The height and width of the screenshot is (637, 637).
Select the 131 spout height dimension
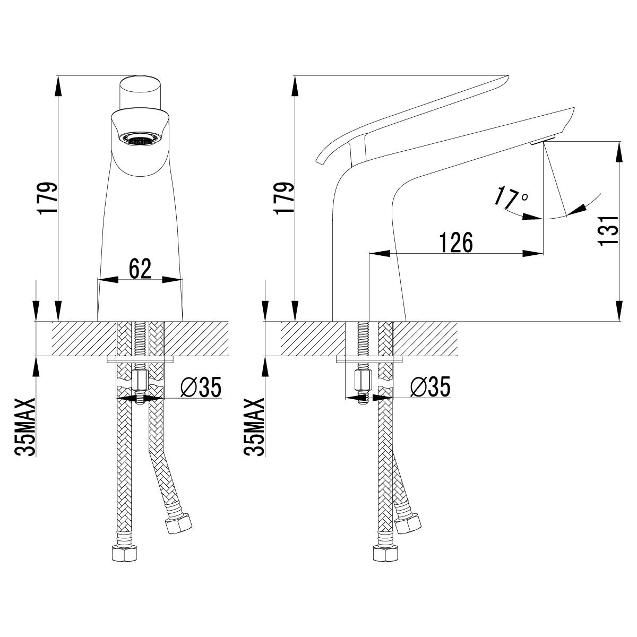pos(608,230)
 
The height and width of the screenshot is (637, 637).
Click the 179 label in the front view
pos(48,199)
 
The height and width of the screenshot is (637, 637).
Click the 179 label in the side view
pos(284,198)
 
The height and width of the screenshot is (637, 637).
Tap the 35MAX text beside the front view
pos(25,427)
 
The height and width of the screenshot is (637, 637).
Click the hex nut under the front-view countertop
pos(140,381)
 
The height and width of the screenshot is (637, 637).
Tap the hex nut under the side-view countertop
pos(363,380)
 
